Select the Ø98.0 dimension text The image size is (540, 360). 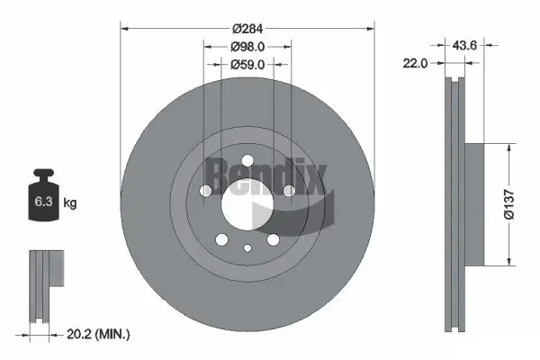pos(247,45)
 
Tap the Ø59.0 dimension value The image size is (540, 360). pos(247,64)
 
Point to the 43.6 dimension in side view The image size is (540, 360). pos(463,42)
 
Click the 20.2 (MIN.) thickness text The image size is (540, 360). pos(99,334)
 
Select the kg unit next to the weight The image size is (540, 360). pos(70,203)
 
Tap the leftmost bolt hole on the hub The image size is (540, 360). pos(206,191)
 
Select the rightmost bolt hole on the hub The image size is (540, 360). pos(288,191)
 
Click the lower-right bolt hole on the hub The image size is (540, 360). pos(272,239)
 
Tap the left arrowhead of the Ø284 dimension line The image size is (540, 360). pos(124,28)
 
